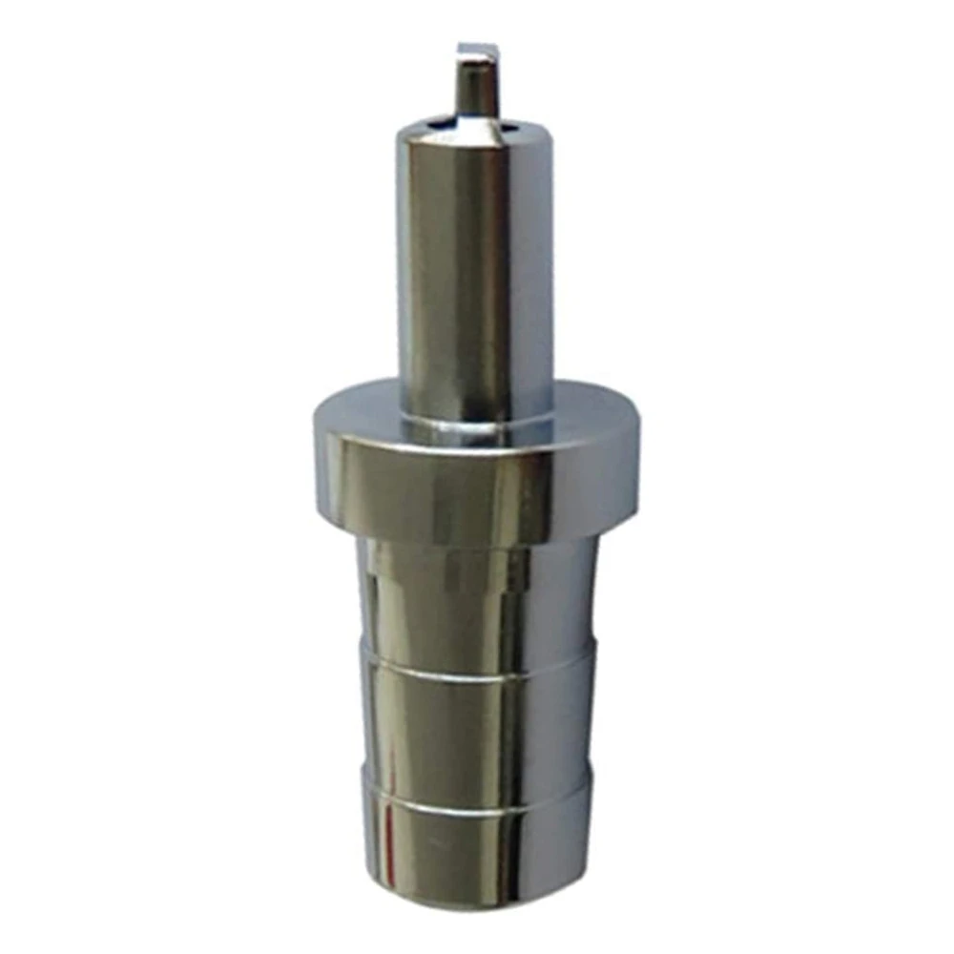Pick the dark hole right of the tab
[513, 124]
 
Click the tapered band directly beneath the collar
[475, 591]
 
